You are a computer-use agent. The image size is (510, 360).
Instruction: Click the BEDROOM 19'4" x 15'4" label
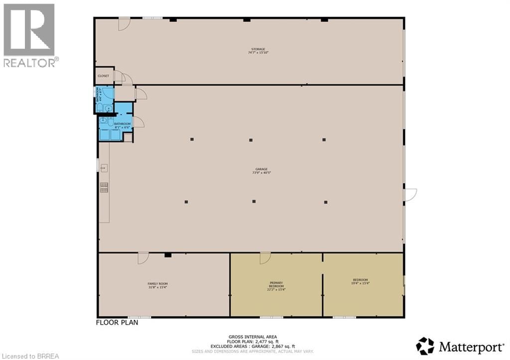pos(361,281)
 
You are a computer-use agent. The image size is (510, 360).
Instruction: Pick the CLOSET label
pos(103,76)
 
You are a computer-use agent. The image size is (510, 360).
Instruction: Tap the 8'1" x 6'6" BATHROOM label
pos(123,125)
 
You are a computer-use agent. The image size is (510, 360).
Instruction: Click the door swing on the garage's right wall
pos(410,195)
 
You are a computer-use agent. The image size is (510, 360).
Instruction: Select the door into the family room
pos(143,258)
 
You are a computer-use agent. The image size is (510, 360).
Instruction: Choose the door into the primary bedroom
pos(265,258)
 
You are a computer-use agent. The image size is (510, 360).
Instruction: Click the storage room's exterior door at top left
pos(124,23)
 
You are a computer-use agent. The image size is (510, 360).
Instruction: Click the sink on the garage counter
pos(105,168)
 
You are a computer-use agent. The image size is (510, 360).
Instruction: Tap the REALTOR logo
pos(29,35)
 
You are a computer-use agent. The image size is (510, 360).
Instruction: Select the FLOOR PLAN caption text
pos(117,322)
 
